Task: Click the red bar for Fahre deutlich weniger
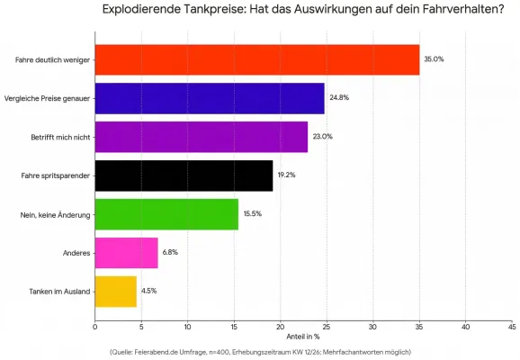point(256,59)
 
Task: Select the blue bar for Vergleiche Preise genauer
point(209,98)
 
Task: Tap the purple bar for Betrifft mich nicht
point(201,137)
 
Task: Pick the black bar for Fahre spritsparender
point(184,175)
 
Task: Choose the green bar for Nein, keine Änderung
point(166,214)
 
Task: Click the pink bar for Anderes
point(126,253)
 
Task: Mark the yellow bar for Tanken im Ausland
point(115,292)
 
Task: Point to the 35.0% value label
point(434,59)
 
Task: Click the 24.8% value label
point(339,98)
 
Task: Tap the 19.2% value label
point(286,175)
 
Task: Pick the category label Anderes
point(76,253)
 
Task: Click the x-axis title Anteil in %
point(303,337)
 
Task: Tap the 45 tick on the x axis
point(512,326)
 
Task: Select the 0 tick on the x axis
point(94,326)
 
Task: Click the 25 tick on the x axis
point(327,326)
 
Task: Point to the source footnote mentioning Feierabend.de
point(260,351)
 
